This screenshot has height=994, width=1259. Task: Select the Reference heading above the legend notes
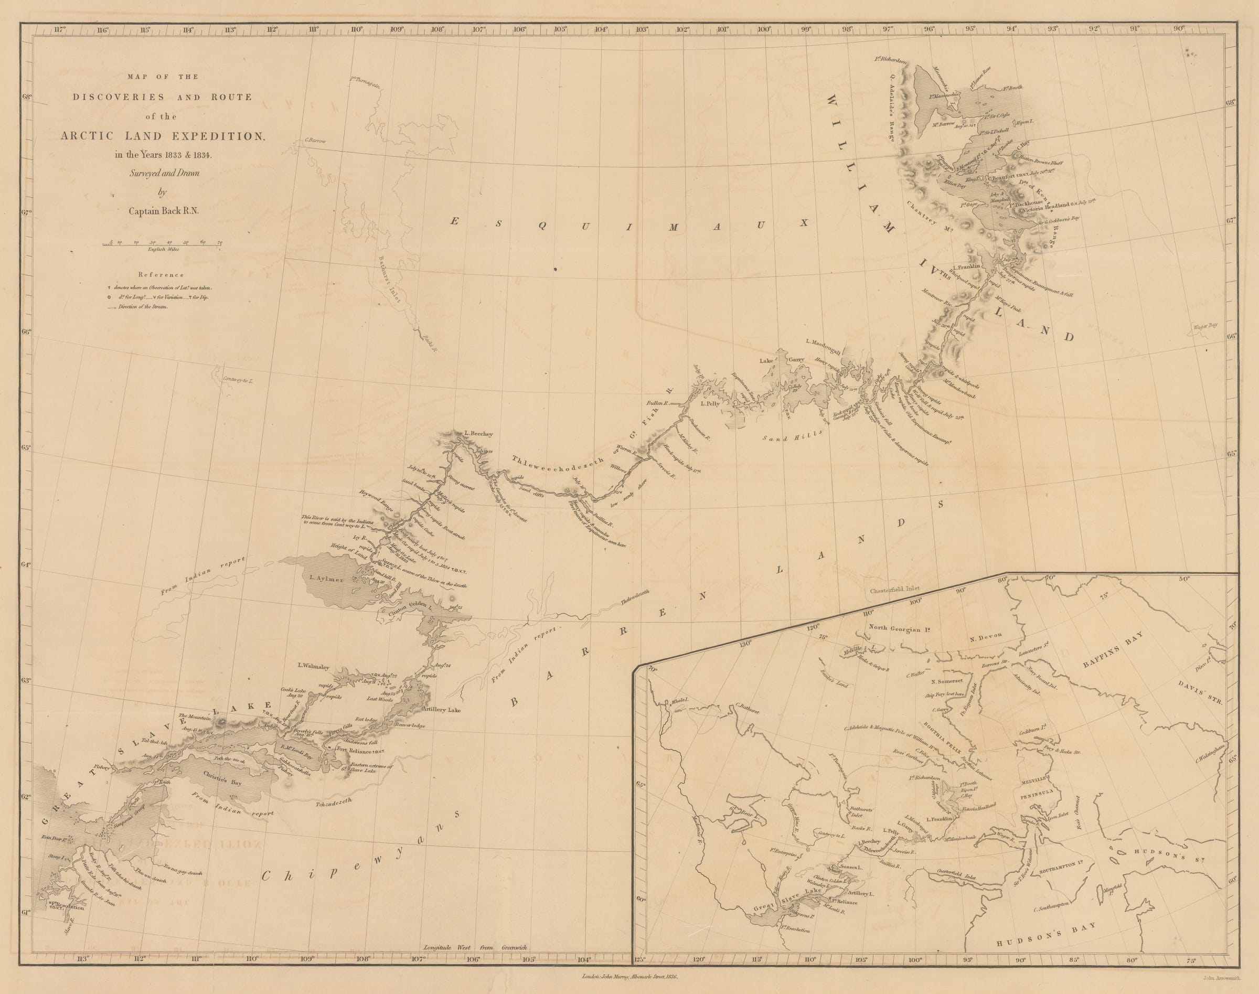(161, 275)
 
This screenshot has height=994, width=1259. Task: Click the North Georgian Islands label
(897, 627)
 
